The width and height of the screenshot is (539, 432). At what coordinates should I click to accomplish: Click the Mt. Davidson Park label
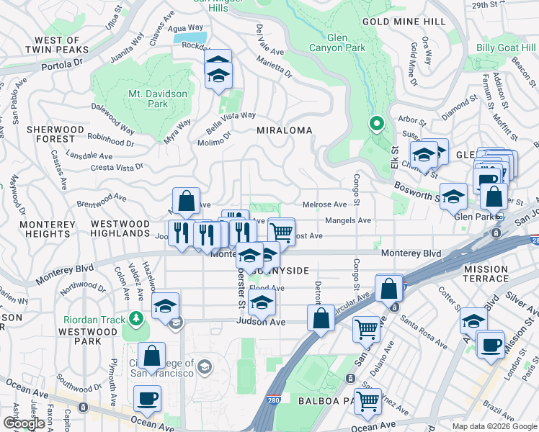[157, 99]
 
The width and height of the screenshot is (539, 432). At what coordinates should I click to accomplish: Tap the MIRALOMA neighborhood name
[285, 130]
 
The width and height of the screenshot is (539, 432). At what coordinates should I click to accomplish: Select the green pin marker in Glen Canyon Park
[375, 123]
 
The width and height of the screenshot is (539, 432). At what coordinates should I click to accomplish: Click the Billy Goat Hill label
[506, 48]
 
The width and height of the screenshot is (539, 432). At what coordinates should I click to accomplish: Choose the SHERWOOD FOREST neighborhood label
[50, 134]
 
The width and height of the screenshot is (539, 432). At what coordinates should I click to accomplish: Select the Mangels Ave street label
[348, 220]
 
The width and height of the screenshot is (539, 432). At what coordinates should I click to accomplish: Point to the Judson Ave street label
[262, 322]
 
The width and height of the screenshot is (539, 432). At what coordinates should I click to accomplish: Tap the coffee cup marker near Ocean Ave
[147, 398]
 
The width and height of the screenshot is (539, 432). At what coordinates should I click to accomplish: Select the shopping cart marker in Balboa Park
[367, 400]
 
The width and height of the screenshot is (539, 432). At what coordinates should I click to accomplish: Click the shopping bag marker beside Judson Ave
[321, 317]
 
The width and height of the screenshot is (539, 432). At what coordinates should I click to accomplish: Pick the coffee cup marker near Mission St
[490, 344]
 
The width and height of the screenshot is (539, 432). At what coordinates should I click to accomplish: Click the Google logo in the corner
[24, 423]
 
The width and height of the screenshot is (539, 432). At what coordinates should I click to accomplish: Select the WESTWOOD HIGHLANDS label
[120, 228]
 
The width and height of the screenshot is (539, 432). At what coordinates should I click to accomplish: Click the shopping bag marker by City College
[151, 355]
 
